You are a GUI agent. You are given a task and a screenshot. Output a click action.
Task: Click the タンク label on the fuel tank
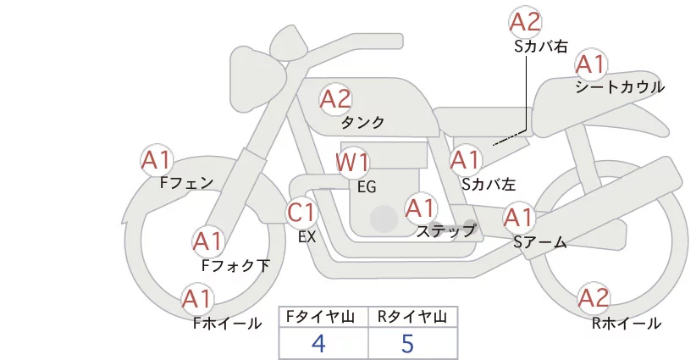coord(362,123)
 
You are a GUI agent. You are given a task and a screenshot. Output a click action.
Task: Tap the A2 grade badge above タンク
coord(335,99)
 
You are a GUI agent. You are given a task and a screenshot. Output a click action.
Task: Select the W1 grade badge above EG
coord(352,162)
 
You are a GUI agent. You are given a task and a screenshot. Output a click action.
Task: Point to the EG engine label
coord(367,186)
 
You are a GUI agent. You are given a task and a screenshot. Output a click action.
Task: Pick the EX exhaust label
coord(307,237)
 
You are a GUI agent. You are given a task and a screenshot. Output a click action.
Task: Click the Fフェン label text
coord(186,182)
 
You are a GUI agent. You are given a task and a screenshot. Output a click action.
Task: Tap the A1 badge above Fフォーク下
coord(207,241)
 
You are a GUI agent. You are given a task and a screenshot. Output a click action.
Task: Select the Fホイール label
coord(227,323)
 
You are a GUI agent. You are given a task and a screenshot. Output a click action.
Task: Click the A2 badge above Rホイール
coord(593,297)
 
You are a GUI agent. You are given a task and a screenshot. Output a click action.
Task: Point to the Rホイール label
coord(627,323)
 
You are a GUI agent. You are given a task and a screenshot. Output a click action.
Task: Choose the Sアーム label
coord(539,242)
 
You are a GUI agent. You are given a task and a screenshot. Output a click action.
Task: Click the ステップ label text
coord(446,230)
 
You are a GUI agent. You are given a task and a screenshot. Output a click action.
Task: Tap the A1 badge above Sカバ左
coord(465,158)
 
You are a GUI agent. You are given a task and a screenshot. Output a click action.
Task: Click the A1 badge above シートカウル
coord(591,64)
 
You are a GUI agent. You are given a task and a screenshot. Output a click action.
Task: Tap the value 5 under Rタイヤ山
coord(409,343)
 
